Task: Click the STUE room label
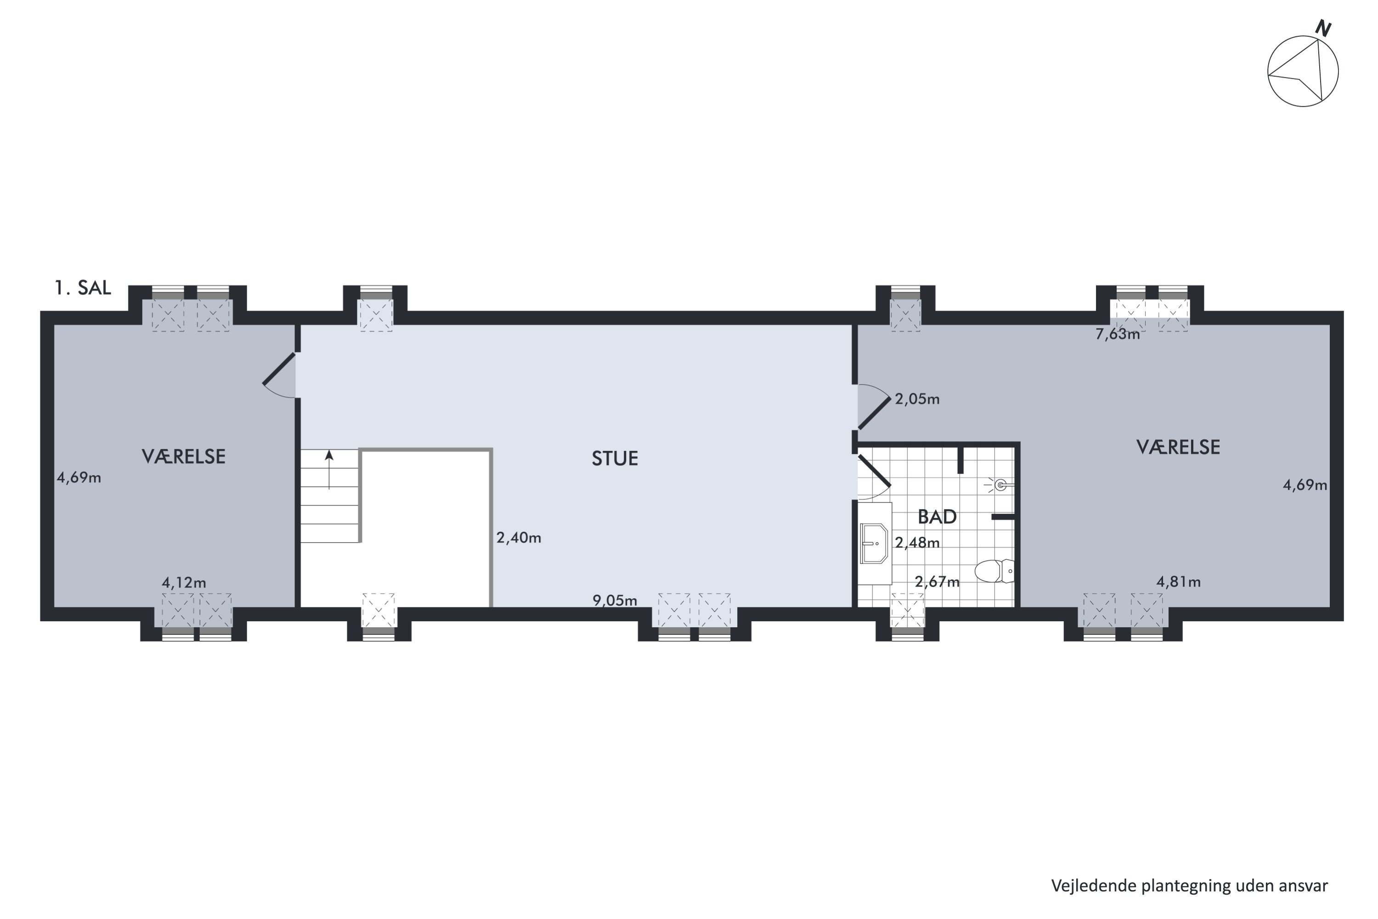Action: click(615, 458)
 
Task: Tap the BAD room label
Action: click(937, 517)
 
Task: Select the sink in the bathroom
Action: click(874, 543)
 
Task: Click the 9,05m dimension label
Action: click(615, 600)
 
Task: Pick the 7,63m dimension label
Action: click(1117, 335)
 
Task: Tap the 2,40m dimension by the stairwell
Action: click(519, 538)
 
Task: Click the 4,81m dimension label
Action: click(1178, 582)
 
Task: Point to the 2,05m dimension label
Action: click(917, 399)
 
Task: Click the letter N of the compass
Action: click(1323, 28)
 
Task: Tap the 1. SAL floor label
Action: click(83, 288)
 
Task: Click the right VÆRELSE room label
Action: click(1178, 447)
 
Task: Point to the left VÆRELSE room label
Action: click(183, 457)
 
